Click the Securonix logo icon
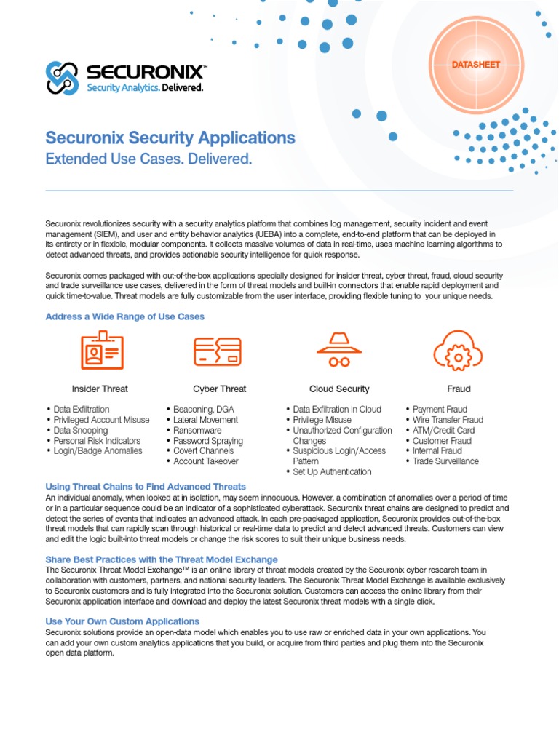[63, 78]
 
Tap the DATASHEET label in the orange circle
[476, 65]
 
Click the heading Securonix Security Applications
[170, 138]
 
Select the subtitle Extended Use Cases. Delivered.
[148, 159]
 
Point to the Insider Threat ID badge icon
[102, 350]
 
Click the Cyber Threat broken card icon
[218, 351]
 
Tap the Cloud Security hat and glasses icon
[338, 351]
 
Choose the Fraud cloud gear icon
[458, 351]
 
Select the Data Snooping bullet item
[80, 430]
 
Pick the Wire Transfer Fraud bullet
[447, 420]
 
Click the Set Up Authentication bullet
[332, 471]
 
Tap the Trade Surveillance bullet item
[445, 461]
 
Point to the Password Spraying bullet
[207, 441]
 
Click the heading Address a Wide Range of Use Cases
[124, 316]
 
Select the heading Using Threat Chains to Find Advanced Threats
[146, 486]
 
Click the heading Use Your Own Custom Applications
[122, 621]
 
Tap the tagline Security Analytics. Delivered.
[145, 87]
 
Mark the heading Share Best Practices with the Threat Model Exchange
[162, 559]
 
